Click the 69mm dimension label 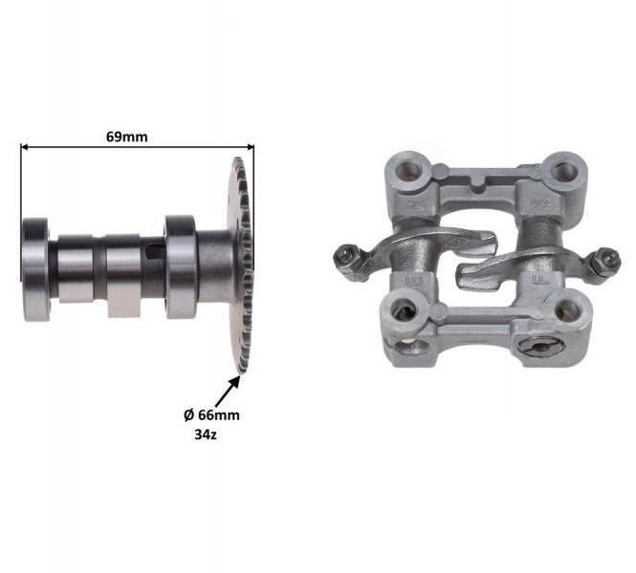126,137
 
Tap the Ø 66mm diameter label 211,415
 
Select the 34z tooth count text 206,435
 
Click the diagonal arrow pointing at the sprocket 228,392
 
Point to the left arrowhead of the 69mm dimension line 24,147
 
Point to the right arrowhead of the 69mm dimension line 251,147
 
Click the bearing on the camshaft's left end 36,269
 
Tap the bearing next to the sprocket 181,266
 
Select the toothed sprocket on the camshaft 240,265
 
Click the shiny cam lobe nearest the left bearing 76,268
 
